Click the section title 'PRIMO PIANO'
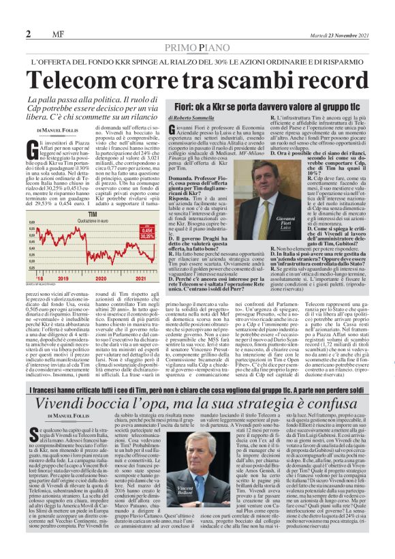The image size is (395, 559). click(197, 47)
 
